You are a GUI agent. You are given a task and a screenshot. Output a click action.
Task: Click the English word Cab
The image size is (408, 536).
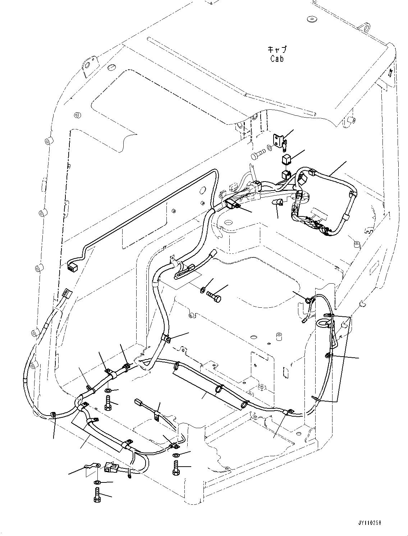tap(277, 59)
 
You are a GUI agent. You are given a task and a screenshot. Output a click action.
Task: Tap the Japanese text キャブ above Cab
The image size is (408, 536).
tap(277, 50)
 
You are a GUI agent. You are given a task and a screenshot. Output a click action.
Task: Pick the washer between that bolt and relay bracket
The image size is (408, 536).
tap(269, 148)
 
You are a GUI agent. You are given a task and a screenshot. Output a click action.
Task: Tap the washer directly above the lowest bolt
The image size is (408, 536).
tap(97, 482)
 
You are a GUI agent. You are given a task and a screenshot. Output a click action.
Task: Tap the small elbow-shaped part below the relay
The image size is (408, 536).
tap(278, 202)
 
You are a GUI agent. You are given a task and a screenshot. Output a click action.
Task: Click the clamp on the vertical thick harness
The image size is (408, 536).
tap(166, 339)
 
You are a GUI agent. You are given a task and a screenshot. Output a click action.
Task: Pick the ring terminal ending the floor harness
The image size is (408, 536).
tap(288, 412)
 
